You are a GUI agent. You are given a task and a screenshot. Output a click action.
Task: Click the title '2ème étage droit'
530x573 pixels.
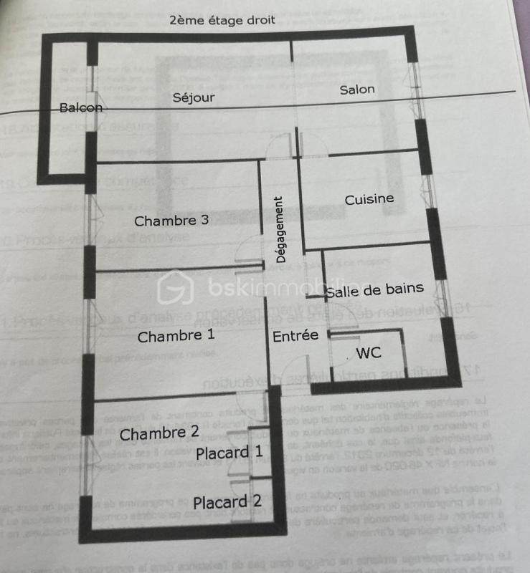point(222,20)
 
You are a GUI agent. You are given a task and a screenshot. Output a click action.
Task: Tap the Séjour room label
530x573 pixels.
point(194,97)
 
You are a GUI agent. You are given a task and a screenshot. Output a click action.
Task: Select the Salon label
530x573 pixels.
point(357,90)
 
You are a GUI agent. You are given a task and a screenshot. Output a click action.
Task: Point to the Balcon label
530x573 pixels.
point(81,108)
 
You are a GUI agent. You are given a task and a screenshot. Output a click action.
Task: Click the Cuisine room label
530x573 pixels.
point(369,199)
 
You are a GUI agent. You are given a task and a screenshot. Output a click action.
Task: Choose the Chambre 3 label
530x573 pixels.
point(171,221)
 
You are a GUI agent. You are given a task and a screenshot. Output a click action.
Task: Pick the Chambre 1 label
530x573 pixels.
point(176,336)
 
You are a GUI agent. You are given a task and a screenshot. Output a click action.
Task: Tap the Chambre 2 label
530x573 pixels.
point(159,433)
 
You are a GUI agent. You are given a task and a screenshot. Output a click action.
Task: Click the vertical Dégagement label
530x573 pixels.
point(281,229)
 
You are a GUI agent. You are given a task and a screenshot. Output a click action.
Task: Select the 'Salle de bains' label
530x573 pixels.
point(374,290)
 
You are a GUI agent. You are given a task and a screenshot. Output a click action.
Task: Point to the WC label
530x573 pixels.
point(369,353)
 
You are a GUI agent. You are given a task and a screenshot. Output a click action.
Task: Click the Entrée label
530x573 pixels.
point(295,335)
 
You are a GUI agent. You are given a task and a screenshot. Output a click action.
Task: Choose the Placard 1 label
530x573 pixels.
point(229,453)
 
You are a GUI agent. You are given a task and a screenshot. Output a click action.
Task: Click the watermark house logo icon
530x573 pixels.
point(176,287)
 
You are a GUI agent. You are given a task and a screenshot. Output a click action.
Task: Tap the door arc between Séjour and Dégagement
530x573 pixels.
point(276,146)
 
